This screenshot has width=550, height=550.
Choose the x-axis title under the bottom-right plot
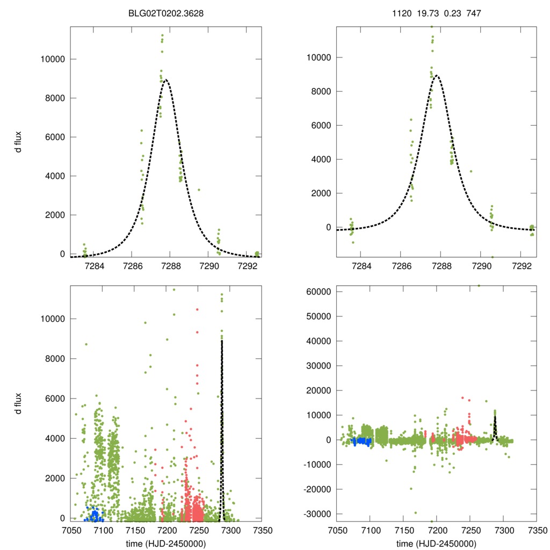(x=436, y=543)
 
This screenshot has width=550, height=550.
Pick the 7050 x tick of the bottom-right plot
(x=337, y=530)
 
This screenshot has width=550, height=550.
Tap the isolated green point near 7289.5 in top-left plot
(x=199, y=190)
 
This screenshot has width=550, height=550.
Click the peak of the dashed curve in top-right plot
(x=437, y=76)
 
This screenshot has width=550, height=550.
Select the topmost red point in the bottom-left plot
(x=197, y=309)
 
